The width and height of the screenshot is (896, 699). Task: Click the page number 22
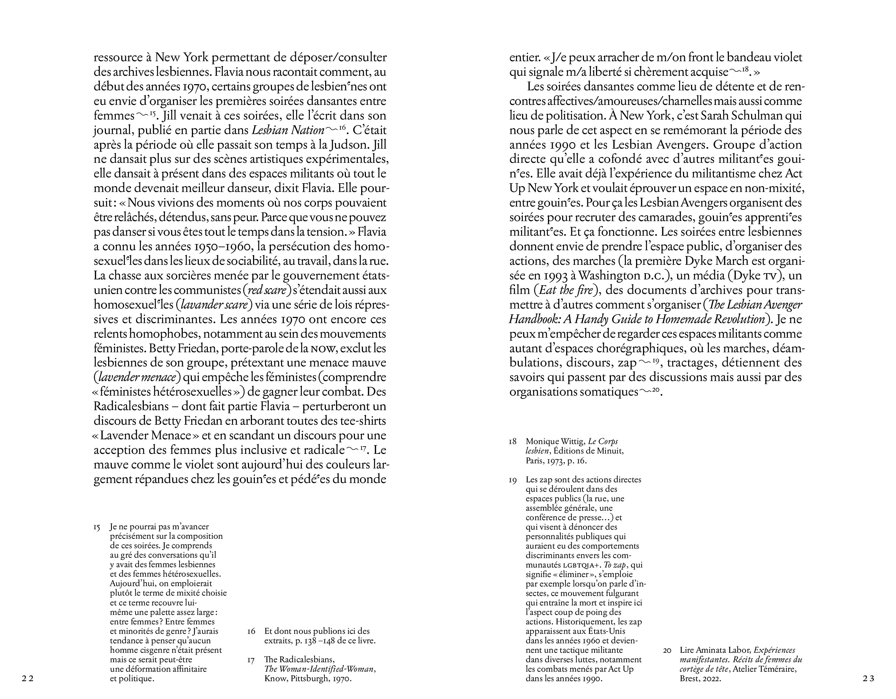tap(27, 679)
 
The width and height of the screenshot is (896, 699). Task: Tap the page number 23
tap(869, 679)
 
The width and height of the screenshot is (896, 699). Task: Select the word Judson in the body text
tap(366, 145)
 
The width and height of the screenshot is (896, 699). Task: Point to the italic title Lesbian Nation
tap(288, 130)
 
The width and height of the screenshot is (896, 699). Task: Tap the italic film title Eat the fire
tap(566, 290)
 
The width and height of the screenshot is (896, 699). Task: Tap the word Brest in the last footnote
tap(689, 679)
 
